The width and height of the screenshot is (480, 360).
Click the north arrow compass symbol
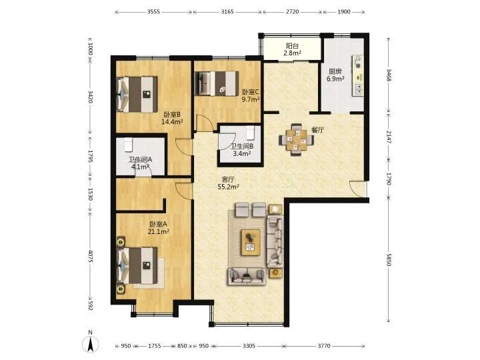coord(91,344)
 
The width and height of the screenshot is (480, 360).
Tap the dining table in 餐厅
coord(296,140)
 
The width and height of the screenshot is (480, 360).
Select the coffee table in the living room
coord(251,242)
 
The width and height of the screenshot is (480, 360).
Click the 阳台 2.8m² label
coord(292,49)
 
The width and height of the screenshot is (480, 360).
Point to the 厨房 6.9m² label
coord(335,75)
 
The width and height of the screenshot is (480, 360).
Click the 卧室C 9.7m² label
coord(251,95)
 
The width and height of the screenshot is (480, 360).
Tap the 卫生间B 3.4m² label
coord(242,150)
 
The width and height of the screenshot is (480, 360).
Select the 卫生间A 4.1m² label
coord(140,163)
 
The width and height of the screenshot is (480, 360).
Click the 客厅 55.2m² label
coord(228,183)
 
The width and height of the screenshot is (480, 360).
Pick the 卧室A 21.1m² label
coord(158,228)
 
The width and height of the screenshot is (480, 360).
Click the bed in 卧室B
coord(138,94)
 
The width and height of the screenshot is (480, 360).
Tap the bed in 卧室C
coord(217,83)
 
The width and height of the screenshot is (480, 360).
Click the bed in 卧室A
coord(138,266)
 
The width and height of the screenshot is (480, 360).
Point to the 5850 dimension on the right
coord(389,259)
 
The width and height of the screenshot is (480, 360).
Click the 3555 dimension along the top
coord(154,12)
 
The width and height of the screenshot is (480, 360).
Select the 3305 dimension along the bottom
coord(249,346)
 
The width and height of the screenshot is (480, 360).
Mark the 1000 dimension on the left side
coord(90,49)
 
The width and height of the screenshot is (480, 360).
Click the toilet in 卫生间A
coord(128,145)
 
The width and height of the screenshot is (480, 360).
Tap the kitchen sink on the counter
coord(357,89)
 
